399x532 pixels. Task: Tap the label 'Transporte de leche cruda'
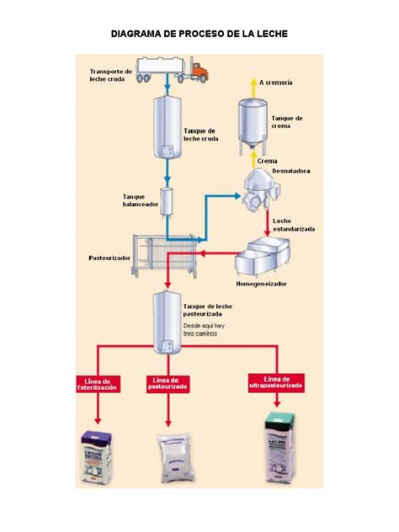(111, 76)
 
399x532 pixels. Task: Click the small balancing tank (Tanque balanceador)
(167, 202)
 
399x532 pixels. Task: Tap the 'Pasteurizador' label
(109, 258)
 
